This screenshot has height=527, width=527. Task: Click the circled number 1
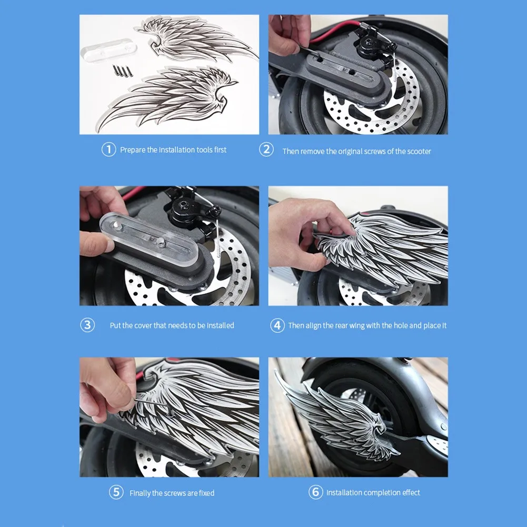coord(108,150)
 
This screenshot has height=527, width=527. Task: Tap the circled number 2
coord(266,149)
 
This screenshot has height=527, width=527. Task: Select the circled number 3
coord(87,325)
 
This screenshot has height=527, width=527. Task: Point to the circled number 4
coord(277,325)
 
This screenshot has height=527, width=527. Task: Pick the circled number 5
coord(116,492)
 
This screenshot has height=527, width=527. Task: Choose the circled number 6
coord(315,492)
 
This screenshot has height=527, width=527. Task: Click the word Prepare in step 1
coord(133,150)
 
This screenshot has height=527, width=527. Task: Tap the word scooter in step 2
coord(419,151)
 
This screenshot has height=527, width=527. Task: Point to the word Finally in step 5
coord(140,493)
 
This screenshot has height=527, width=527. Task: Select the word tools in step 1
coord(204,150)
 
